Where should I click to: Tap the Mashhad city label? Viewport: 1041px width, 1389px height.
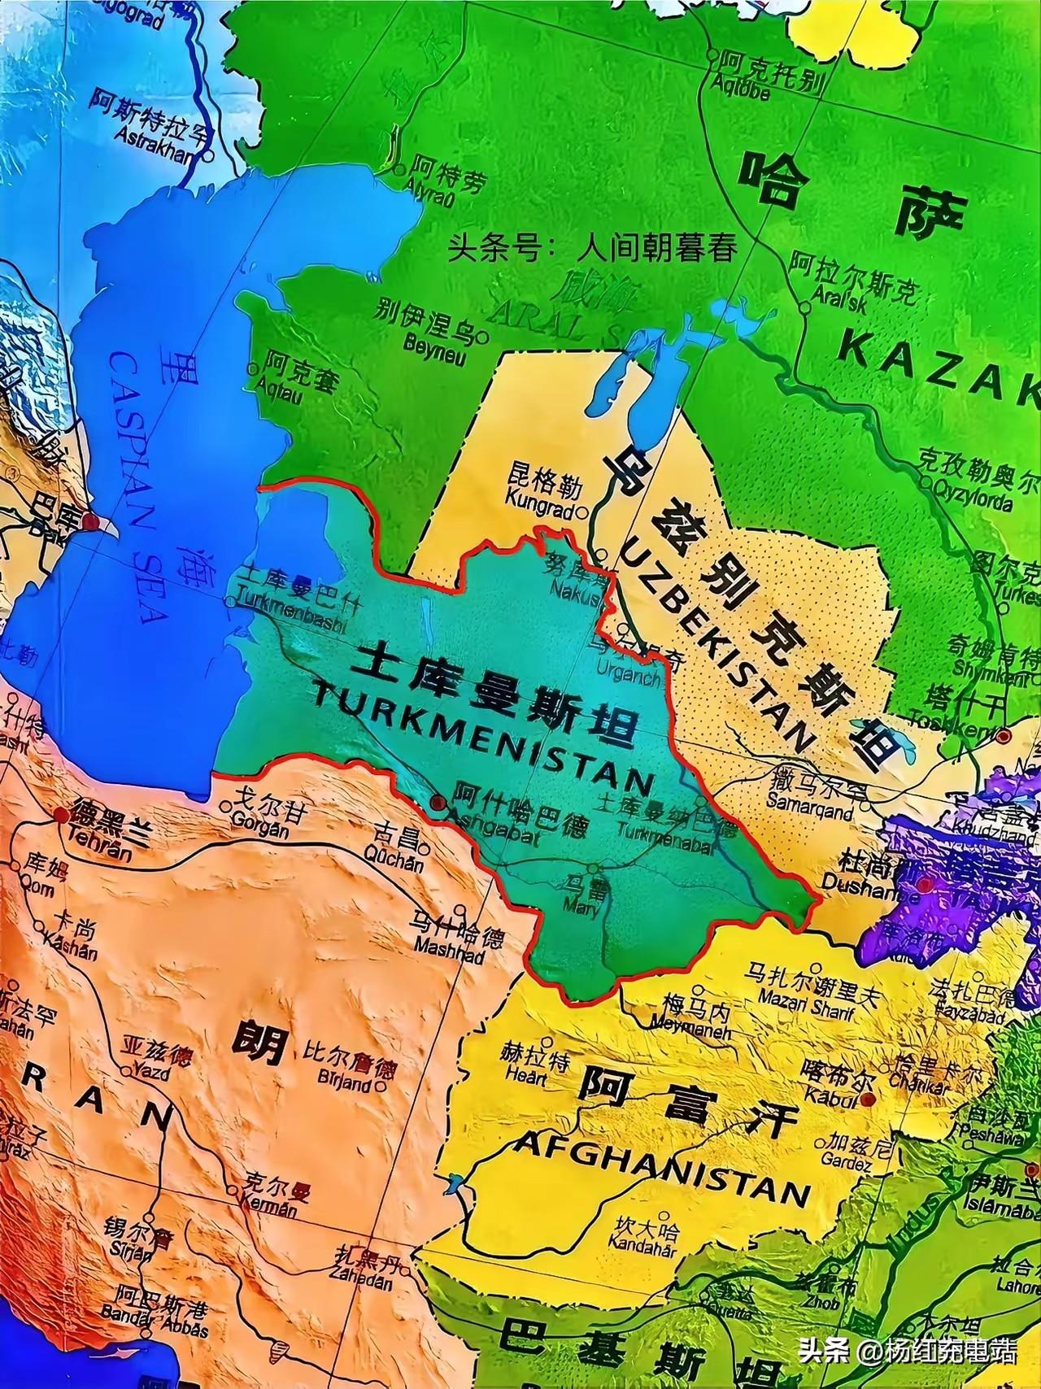click(x=448, y=947)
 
